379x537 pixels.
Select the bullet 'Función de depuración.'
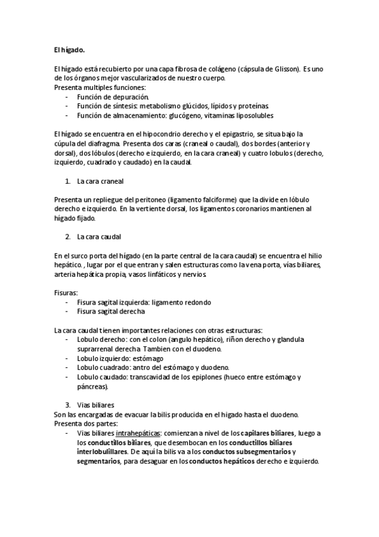113,98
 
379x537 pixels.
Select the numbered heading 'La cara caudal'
99,237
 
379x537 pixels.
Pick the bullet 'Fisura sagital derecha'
111,311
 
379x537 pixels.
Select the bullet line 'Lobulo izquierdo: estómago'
119,358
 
